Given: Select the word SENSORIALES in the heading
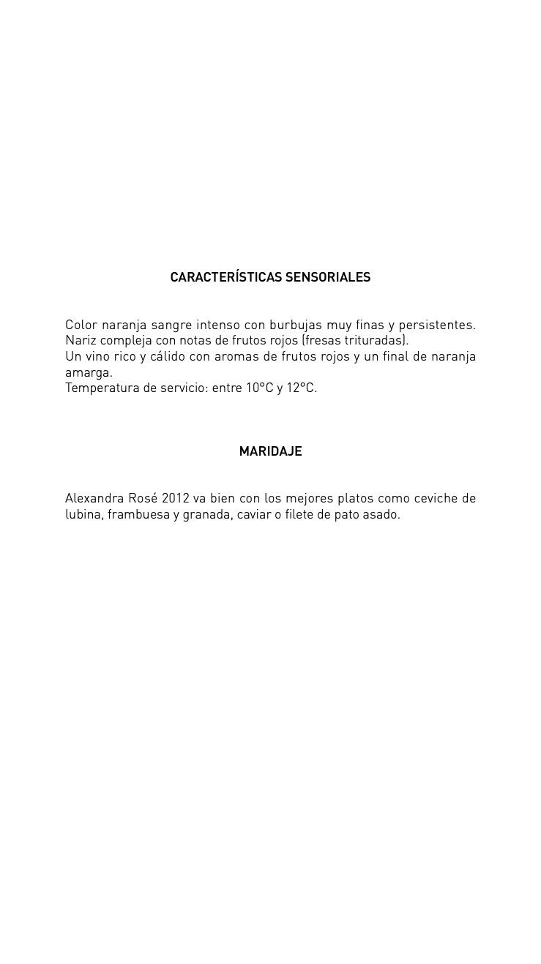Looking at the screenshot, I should (x=328, y=277).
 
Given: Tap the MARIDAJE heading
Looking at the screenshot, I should (x=270, y=451).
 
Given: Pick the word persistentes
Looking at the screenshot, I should (x=437, y=325).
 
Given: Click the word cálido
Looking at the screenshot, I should (x=168, y=356).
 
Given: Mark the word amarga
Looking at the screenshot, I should (x=89, y=372).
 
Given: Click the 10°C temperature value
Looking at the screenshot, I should (x=259, y=388).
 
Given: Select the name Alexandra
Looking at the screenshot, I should (x=94, y=499).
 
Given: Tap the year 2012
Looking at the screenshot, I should (x=175, y=499).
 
